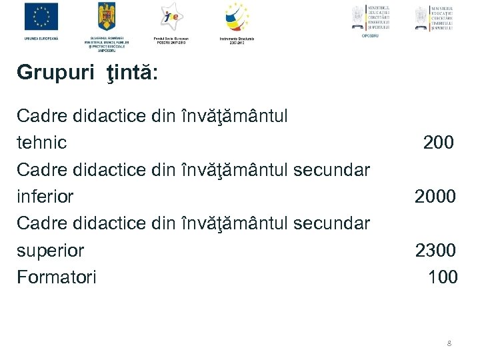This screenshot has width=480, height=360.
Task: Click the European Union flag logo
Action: coord(41,17)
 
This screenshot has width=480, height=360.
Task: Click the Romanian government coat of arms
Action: coord(107,16)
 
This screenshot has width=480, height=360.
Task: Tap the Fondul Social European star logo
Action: coord(171,17)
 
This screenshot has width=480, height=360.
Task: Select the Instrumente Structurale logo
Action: coord(236,17)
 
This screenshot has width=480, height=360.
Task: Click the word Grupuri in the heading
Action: coord(56,72)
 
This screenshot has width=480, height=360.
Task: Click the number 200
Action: coord(439,142)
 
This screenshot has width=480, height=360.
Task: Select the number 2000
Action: coord(435,196)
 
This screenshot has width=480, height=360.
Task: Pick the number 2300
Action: coord(435,250)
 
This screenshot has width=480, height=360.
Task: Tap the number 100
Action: coord(443,277)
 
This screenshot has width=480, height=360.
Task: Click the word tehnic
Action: coord(41,143)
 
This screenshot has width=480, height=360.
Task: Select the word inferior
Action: coord(45,197)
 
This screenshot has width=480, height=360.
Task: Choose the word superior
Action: coord(50,251)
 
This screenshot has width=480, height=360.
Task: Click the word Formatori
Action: coord(56,277)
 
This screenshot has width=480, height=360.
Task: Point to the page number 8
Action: coord(449,343)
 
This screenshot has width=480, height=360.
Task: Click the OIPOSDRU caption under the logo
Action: coord(370,35)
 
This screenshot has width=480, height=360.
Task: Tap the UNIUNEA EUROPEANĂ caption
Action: coord(41,39)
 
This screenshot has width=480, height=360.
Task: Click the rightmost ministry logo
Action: coord(433,18)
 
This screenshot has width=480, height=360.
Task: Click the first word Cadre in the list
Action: coord(39,116)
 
